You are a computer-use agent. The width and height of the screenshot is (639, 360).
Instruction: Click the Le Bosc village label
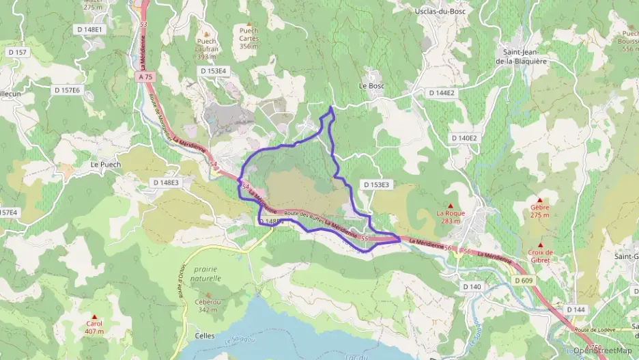click(372, 86)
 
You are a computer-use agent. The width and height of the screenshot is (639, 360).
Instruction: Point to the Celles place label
click(204, 335)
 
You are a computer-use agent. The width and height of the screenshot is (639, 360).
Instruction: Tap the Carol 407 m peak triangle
click(94, 316)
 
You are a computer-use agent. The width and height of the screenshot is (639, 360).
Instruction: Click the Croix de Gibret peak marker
click(541, 245)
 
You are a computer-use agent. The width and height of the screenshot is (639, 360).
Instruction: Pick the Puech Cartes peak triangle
click(248, 23)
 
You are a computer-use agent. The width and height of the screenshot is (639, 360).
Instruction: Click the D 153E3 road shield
click(375, 184)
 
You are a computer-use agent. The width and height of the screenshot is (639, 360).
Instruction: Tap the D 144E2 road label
click(442, 92)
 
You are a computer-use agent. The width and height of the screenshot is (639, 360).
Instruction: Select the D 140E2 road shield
click(464, 138)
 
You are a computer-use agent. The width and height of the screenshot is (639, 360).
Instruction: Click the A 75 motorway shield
click(145, 77)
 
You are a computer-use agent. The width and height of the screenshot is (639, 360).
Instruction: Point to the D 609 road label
click(523, 280)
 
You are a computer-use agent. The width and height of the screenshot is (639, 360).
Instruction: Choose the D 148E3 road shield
click(165, 182)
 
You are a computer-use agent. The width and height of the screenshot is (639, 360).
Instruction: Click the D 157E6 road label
click(67, 89)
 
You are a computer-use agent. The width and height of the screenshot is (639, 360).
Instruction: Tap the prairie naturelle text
click(207, 274)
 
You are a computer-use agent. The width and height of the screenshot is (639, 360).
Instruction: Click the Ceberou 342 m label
click(208, 306)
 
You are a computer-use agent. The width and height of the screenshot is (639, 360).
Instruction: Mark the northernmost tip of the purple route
click(331, 107)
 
